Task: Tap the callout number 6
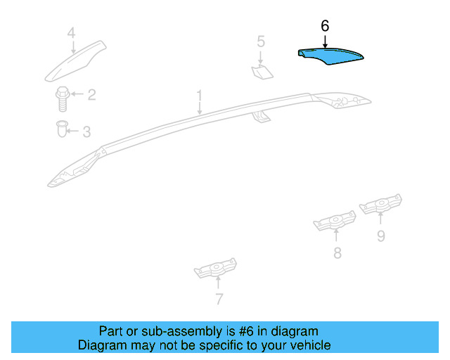[325, 25]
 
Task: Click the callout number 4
[71, 32]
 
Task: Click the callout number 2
[91, 94]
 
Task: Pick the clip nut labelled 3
[62, 129]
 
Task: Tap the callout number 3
[86, 131]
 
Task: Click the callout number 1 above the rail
[199, 94]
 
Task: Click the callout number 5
[261, 41]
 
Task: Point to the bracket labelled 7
[216, 269]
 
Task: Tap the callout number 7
[219, 300]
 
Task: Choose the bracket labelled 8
[335, 223]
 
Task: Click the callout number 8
[337, 253]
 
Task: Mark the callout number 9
[380, 236]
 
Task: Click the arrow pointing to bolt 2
[77, 94]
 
